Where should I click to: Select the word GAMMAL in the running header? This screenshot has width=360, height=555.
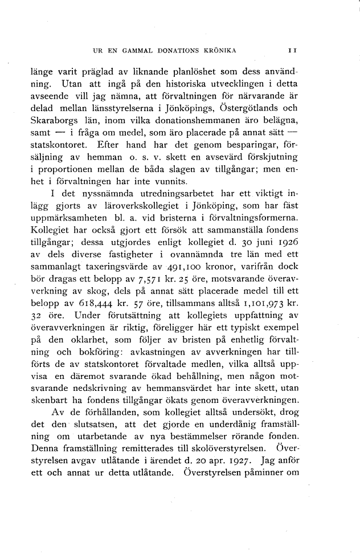(x=137, y=51)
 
